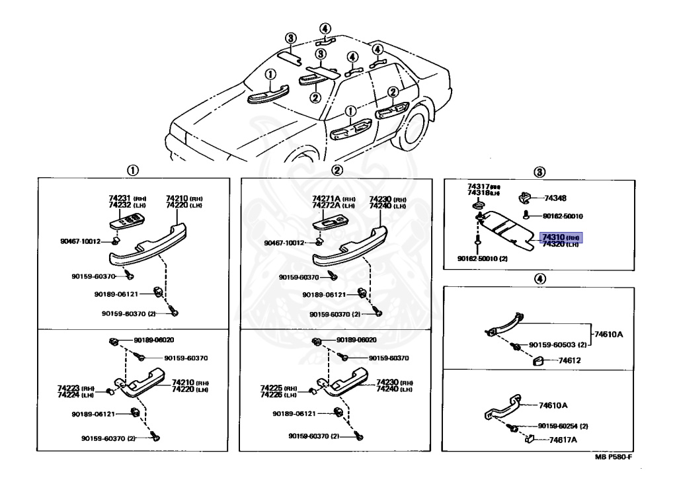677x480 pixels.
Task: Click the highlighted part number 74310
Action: click(x=551, y=236)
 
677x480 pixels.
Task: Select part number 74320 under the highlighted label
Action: click(x=551, y=244)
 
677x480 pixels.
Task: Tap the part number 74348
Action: click(x=557, y=198)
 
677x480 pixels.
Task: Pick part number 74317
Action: click(x=479, y=186)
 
